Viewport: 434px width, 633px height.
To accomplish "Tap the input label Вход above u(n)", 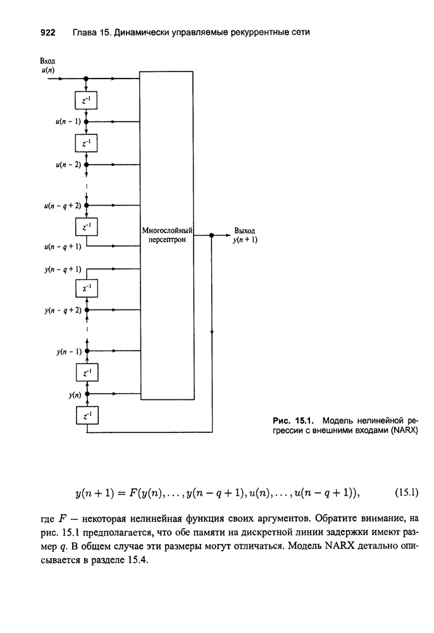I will tap(48, 61).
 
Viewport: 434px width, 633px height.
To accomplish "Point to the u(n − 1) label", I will tap(67, 121).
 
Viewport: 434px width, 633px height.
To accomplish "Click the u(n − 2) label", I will tap(67, 164).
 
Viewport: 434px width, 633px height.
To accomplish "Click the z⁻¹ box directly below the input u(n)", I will tap(85, 101).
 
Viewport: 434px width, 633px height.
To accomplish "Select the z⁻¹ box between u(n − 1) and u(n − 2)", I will tap(85, 143).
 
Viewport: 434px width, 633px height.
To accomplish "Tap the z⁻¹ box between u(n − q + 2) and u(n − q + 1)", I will tap(85, 226).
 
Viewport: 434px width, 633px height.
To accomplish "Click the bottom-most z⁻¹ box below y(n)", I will tap(85, 415).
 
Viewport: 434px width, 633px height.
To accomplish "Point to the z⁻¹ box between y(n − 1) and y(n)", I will tap(85, 373).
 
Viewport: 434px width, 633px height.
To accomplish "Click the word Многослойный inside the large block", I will tap(167, 231).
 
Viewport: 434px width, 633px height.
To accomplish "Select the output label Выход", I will tap(244, 231).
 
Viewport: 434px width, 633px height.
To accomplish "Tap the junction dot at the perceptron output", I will tap(212, 235).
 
